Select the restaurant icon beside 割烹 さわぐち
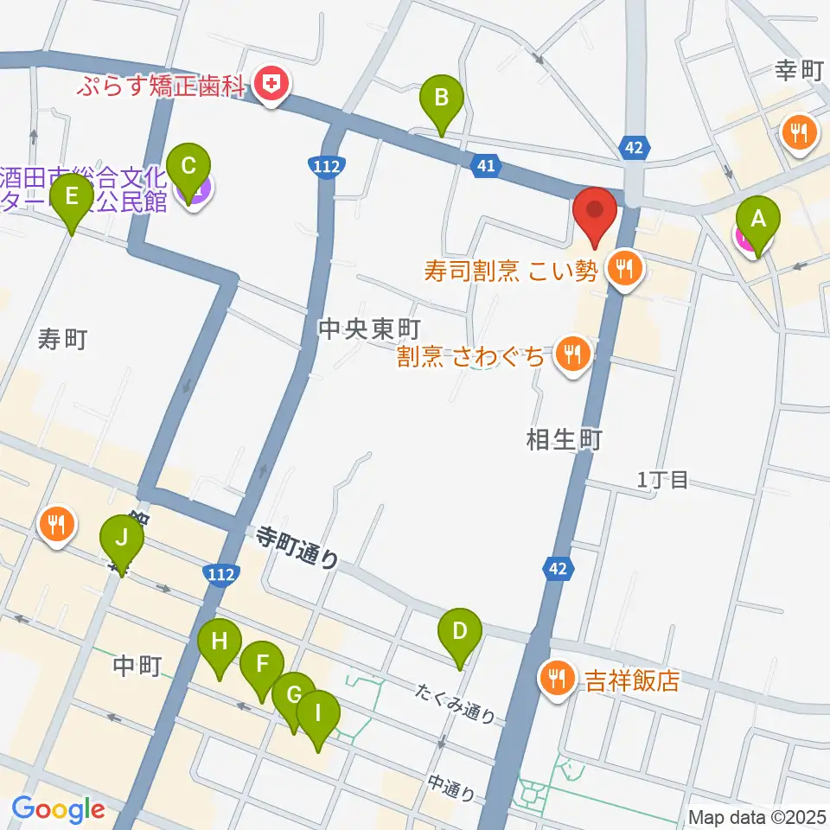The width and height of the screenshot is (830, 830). click(571, 354)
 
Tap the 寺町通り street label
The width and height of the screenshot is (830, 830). click(297, 549)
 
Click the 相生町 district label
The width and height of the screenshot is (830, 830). click(563, 441)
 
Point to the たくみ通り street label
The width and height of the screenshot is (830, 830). click(456, 703)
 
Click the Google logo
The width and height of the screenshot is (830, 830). click(59, 810)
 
